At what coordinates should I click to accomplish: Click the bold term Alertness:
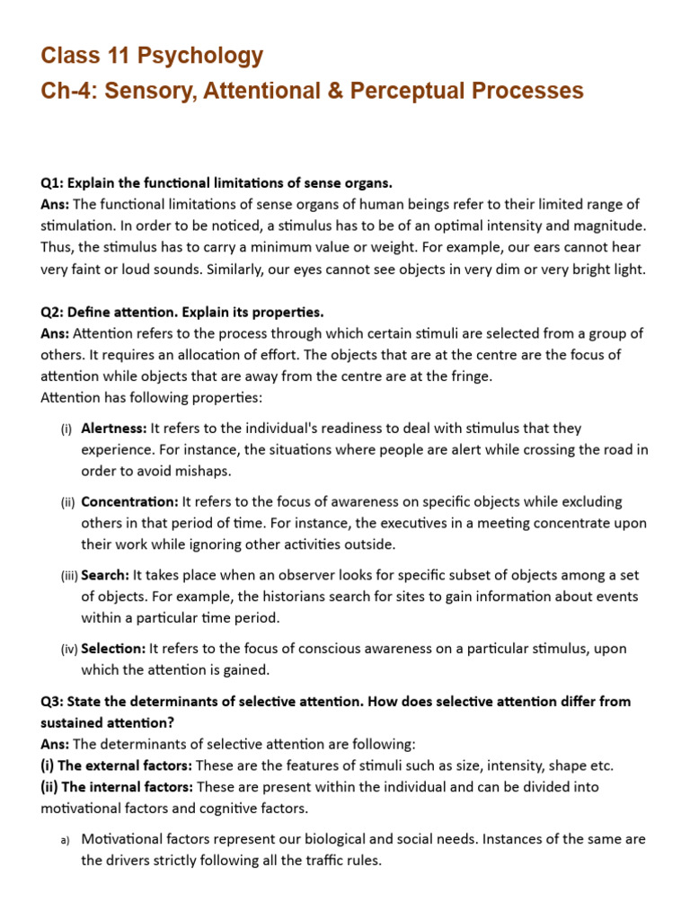coord(114,429)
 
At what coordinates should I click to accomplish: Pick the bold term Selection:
coord(113,648)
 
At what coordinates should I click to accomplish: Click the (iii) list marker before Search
coord(68,575)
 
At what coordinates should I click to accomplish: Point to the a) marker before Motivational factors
coord(65,839)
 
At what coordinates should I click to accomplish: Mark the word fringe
coord(470,376)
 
